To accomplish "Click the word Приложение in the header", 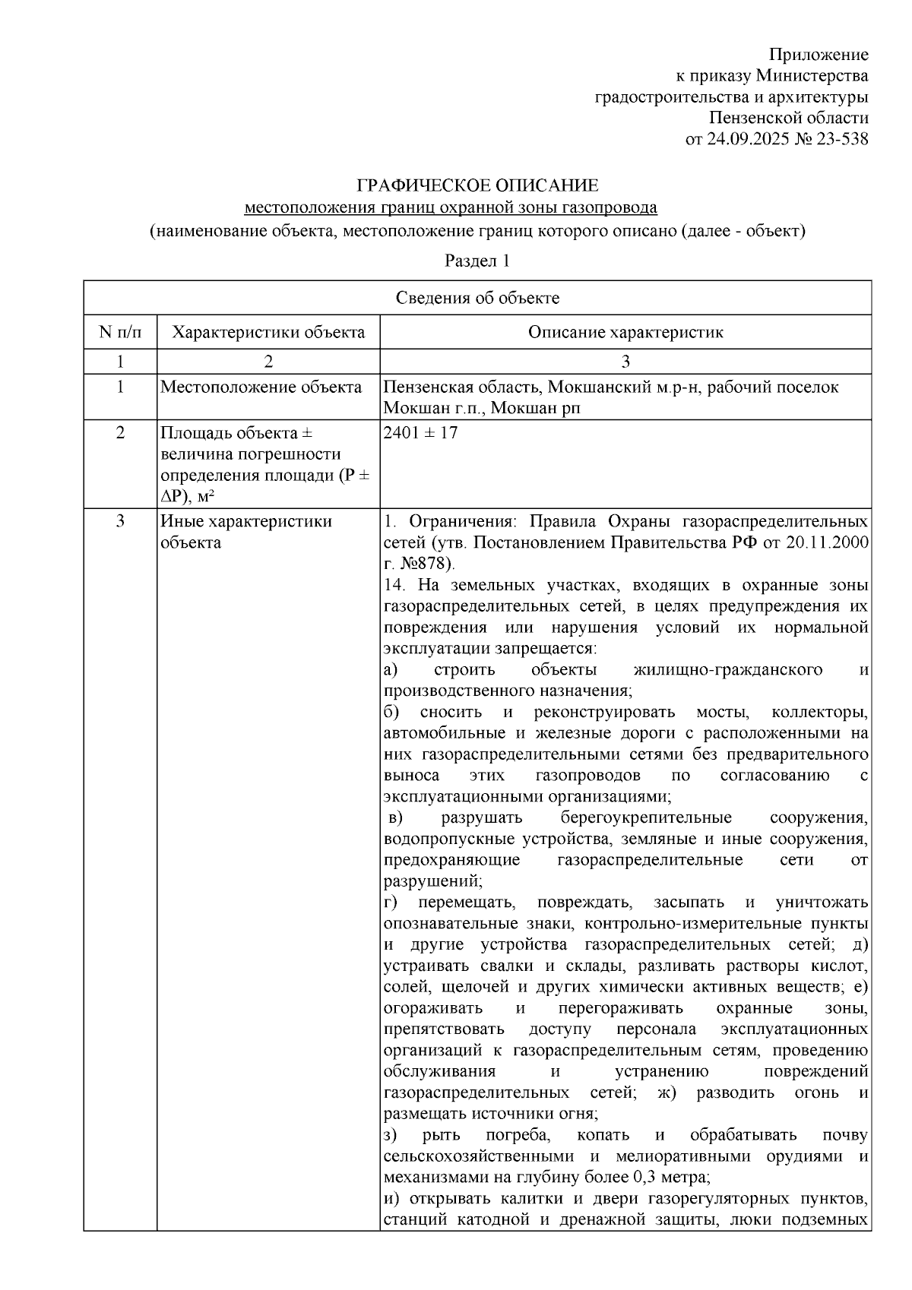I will [819, 55].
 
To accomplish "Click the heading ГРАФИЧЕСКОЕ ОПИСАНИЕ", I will [478, 186].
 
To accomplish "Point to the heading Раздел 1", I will [477, 261].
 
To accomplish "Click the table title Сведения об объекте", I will [477, 298].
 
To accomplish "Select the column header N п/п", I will [120, 332].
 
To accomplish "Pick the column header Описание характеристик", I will [625, 332].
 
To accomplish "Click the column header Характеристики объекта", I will [268, 332].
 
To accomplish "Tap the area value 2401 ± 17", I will [421, 433].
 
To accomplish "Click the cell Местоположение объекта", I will [261, 387].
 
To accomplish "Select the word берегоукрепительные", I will [646, 818].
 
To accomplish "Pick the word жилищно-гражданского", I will [727, 670].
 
